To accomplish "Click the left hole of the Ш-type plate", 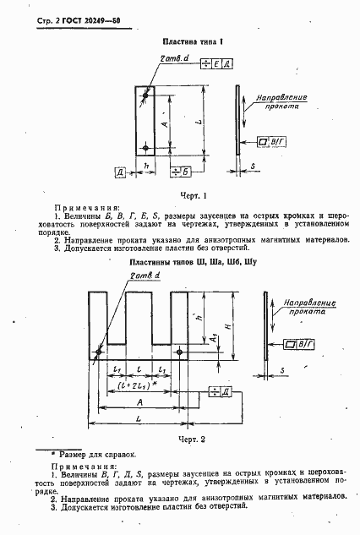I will click(98, 352).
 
